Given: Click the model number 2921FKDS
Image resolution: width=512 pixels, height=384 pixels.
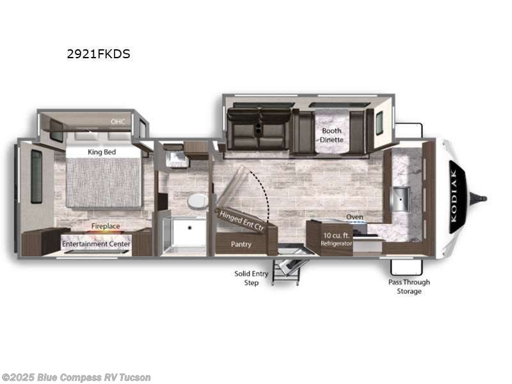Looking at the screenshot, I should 99,54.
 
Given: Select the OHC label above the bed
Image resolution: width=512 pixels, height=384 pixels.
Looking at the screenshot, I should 117,121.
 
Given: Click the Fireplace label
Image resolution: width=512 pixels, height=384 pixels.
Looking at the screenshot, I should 106,227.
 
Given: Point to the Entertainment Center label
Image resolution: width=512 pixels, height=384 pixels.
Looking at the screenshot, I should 97,244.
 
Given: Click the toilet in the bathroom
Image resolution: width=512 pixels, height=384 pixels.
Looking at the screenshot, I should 197,201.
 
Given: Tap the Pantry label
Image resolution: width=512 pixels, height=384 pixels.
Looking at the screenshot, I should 241,244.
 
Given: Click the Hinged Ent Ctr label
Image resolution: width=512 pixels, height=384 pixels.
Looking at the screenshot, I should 242,219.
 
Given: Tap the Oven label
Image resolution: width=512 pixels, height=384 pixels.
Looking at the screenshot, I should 355,217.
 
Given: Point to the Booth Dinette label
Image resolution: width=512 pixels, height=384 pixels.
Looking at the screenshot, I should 332,135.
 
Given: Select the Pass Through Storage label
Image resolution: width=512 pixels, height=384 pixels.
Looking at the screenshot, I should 409,286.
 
